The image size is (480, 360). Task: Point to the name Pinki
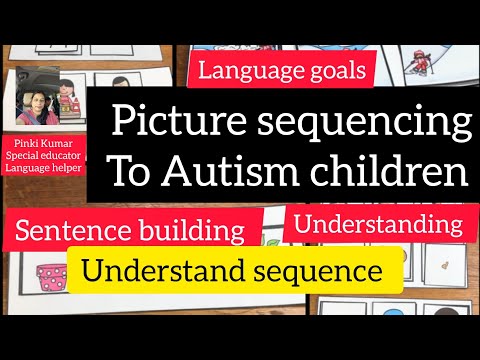[24, 144]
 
